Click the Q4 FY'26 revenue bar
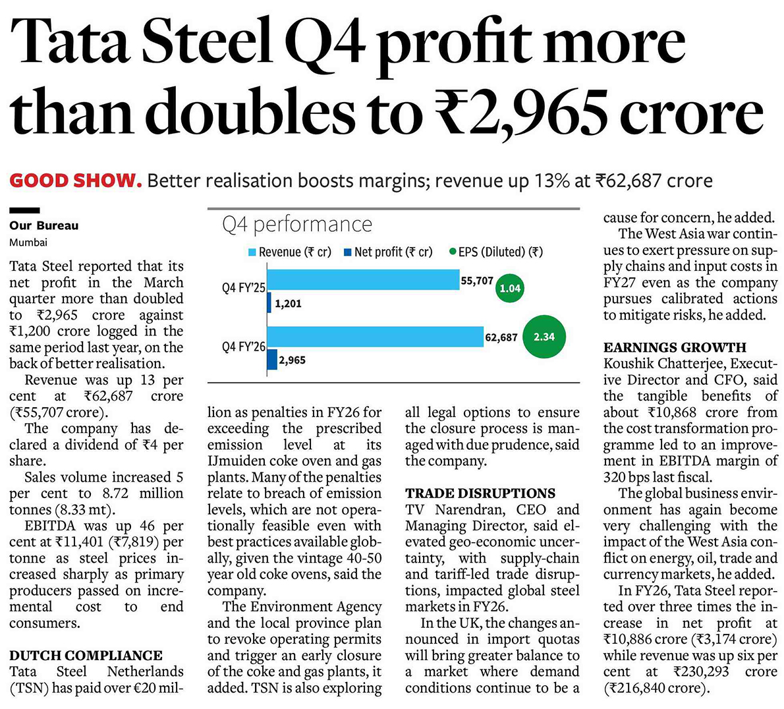(x=376, y=337)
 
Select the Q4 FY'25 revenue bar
(x=364, y=279)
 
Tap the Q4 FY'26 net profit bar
(x=272, y=360)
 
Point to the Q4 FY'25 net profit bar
(x=269, y=302)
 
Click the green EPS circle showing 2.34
(x=544, y=337)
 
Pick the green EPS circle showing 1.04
(x=510, y=288)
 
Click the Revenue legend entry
(x=290, y=252)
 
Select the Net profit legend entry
(x=389, y=252)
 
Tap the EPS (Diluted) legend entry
(x=496, y=252)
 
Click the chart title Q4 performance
(x=297, y=225)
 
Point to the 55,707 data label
(x=477, y=281)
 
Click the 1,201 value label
(x=289, y=304)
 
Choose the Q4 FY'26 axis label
(x=244, y=346)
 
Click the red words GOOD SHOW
(x=76, y=181)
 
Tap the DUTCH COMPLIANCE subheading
(x=86, y=656)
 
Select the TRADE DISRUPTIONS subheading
(x=480, y=494)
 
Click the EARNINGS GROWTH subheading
(x=675, y=347)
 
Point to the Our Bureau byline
(x=44, y=225)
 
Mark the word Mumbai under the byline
(x=28, y=242)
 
